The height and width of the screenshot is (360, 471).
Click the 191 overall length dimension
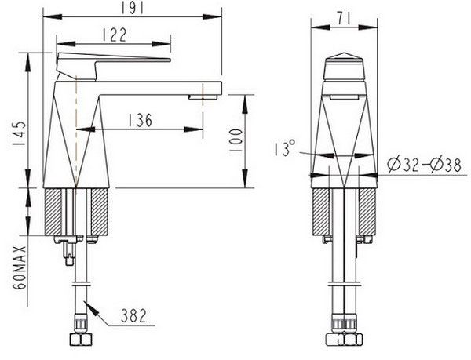tap(133, 9)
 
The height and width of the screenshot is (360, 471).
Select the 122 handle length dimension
tap(115, 35)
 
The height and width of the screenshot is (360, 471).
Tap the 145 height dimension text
tap(19, 133)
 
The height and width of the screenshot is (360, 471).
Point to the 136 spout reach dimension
tap(141, 120)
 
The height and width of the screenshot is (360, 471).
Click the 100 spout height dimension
tap(235, 140)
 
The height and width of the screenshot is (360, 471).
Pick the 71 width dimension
tap(344, 19)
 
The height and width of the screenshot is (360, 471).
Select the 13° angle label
tap(285, 148)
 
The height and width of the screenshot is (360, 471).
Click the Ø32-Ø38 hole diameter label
tap(424, 165)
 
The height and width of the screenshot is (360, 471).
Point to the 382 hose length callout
tap(133, 315)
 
